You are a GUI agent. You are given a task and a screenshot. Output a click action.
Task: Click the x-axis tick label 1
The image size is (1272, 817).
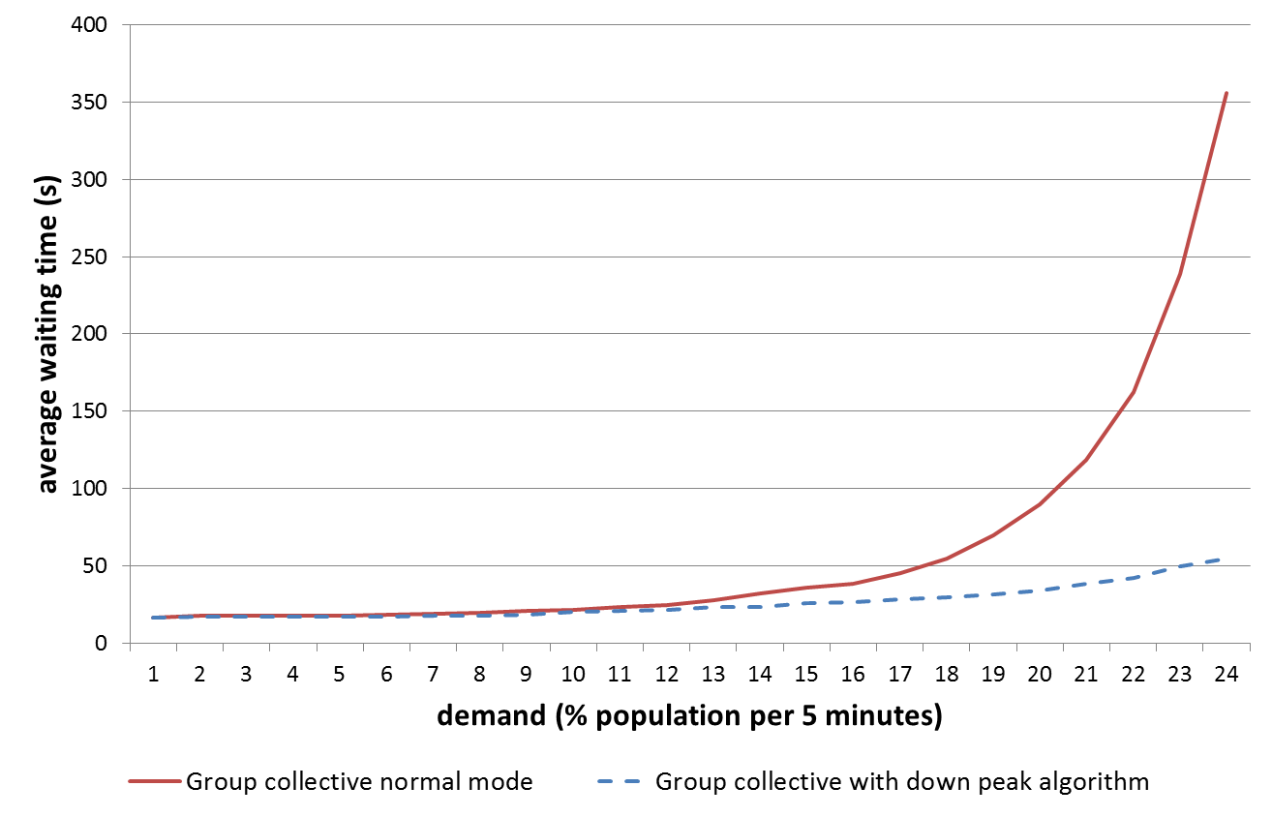(x=153, y=673)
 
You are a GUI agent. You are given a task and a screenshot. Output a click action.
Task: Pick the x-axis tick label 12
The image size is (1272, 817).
(x=665, y=673)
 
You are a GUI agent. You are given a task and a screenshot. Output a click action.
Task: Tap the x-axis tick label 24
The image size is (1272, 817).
(x=1226, y=673)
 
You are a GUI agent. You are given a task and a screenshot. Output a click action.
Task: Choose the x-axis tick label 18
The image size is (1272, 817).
(x=946, y=673)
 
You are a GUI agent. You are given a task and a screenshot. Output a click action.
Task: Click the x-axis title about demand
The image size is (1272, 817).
(x=689, y=716)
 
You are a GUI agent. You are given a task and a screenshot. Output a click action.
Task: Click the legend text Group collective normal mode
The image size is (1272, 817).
(x=359, y=781)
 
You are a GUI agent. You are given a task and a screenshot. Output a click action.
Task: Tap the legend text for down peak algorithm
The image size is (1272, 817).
(x=902, y=781)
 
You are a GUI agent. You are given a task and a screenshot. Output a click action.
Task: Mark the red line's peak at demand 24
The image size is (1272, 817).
(x=1227, y=93)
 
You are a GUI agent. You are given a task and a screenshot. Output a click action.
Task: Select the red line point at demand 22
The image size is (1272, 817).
(x=1133, y=392)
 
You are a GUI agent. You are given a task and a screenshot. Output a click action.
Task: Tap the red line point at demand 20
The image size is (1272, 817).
(x=1039, y=503)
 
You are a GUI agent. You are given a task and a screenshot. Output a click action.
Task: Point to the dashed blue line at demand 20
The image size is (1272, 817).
(x=1039, y=590)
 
